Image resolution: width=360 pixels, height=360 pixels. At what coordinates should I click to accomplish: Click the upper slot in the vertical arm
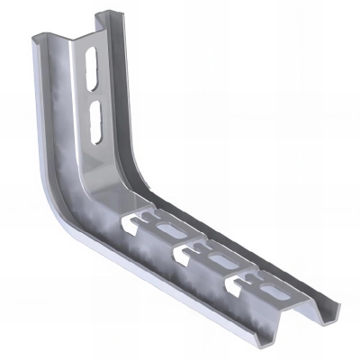tap(91, 67)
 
